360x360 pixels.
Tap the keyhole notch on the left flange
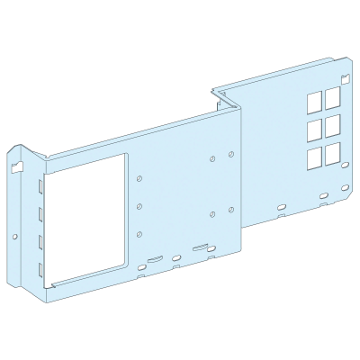point(15,166)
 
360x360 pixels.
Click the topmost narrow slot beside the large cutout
point(42,187)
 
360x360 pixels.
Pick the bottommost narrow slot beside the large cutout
point(42,267)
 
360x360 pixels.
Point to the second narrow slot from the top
point(42,214)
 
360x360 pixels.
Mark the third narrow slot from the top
point(42,241)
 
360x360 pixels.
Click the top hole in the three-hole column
point(140,179)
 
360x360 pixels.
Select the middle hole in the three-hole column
point(140,206)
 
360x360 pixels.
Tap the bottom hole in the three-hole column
point(140,234)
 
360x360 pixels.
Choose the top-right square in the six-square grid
point(332,92)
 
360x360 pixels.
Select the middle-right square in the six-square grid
point(332,122)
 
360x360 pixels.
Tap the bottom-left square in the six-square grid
point(315,157)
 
